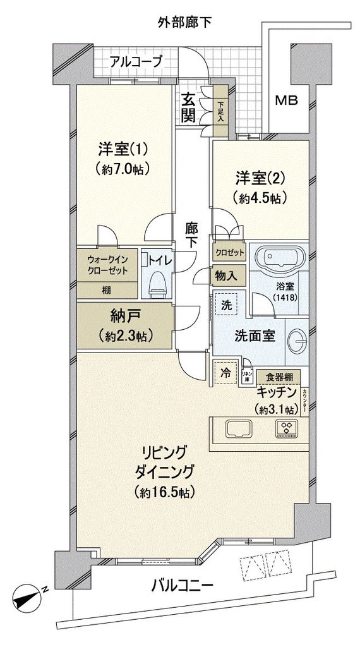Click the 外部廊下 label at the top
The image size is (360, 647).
[184, 23]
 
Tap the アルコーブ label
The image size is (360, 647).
[136, 61]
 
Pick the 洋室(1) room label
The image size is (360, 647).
[123, 150]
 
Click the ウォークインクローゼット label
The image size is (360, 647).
[107, 265]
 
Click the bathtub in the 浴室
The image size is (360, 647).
[282, 259]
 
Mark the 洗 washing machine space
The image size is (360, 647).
[225, 305]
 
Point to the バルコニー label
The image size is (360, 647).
[182, 586]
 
